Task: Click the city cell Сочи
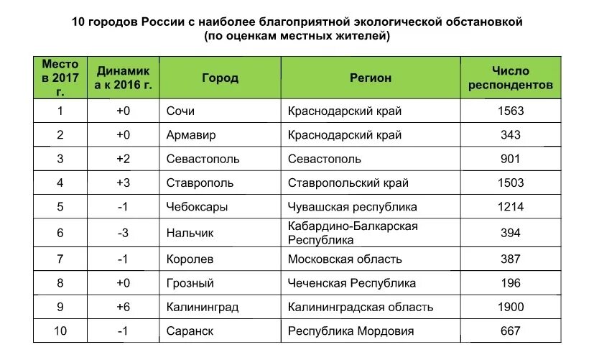180,111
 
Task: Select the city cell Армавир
190,135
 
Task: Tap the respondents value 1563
510,111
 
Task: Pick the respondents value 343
510,135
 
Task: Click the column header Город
220,78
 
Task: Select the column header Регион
371,78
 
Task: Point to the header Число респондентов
510,78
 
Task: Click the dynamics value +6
123,307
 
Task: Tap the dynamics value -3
123,233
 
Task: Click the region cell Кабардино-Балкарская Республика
352,233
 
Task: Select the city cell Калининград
202,307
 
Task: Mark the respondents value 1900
510,307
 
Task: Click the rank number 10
60,331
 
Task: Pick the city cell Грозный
190,282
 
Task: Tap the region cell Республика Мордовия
351,331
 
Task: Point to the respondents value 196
510,282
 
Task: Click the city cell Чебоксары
197,207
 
